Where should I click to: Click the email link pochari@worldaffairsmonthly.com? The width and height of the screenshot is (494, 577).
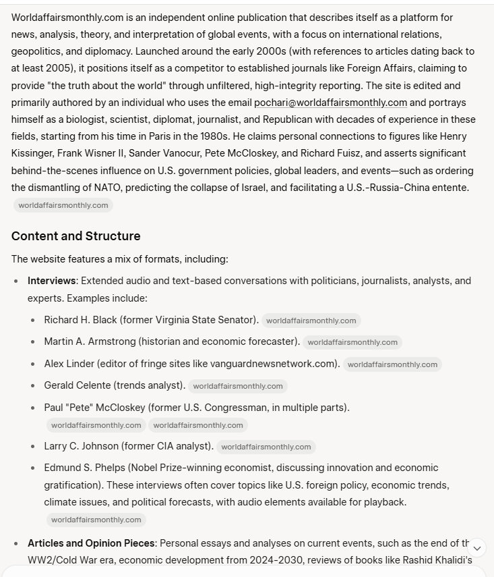(x=330, y=103)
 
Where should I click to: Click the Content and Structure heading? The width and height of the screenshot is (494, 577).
(x=75, y=236)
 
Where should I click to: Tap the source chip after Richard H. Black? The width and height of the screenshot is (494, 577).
(x=311, y=321)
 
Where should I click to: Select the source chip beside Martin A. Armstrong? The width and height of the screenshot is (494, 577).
(x=352, y=342)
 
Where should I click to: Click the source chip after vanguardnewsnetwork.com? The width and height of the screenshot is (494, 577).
(x=392, y=364)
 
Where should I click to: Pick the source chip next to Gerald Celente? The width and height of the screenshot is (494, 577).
(x=238, y=386)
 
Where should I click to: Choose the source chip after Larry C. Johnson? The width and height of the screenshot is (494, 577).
(x=266, y=446)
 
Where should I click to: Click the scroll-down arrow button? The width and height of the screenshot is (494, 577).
(x=477, y=548)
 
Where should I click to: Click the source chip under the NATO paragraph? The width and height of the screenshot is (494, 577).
(x=63, y=205)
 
